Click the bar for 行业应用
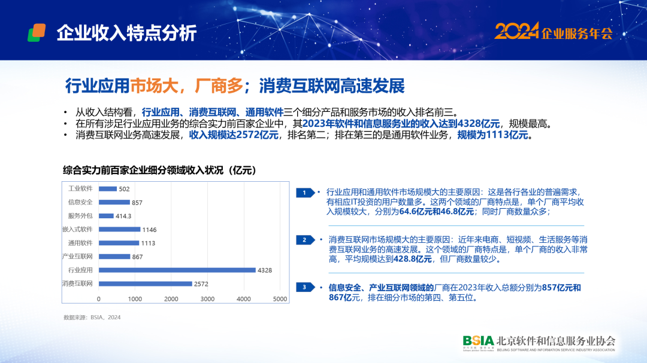point(177,270)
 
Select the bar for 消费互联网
point(145,283)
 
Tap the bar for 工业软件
point(108,189)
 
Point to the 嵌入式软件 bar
point(119,229)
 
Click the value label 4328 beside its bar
point(265,270)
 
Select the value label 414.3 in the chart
point(123,216)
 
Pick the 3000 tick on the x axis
point(207,299)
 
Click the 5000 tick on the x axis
point(280,299)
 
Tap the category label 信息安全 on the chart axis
point(80,202)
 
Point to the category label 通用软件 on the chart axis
point(80,243)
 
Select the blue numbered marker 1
point(306,193)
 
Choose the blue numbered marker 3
point(306,287)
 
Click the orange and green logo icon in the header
point(37,32)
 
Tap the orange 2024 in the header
point(516,31)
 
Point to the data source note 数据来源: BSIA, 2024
point(92,318)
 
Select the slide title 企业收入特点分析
point(126,33)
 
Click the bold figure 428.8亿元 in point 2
point(413,259)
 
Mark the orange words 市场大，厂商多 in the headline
point(186,86)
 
